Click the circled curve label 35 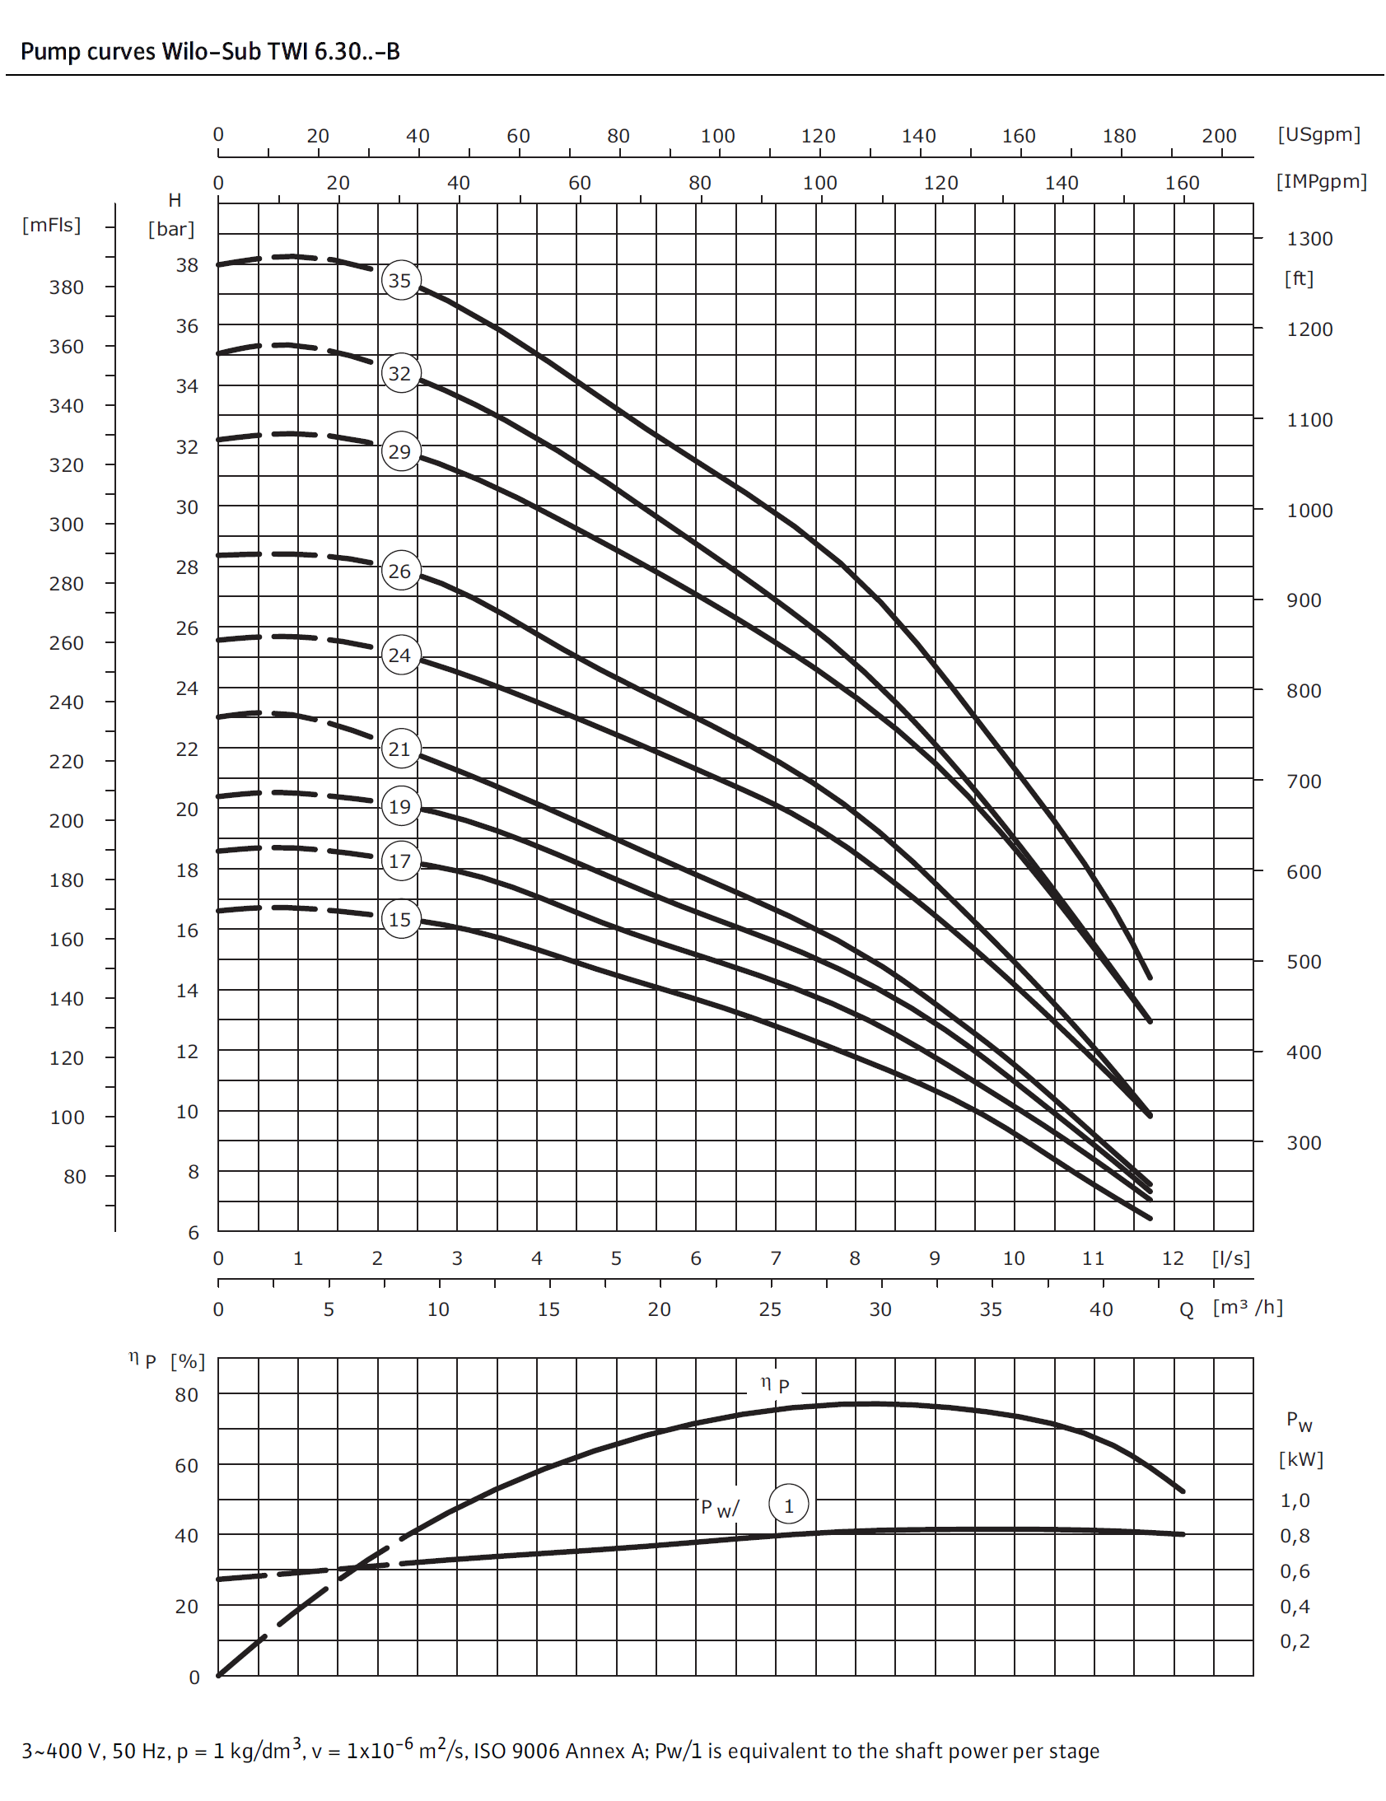click(400, 280)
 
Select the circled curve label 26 click(400, 571)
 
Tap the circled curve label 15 click(400, 920)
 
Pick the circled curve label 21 click(400, 749)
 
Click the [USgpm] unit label click(1318, 134)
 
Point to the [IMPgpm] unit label click(1321, 181)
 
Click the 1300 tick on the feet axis click(1309, 239)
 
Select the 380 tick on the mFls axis click(66, 287)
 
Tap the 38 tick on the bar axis click(187, 265)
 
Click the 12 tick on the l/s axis click(1173, 1258)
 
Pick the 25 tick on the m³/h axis click(770, 1309)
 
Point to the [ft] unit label click(1299, 278)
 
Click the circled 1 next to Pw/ click(788, 1506)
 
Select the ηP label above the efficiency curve click(774, 1384)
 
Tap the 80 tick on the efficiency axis click(187, 1395)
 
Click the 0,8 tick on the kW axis click(1295, 1536)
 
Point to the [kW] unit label click(1300, 1459)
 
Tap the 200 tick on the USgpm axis click(1219, 136)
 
